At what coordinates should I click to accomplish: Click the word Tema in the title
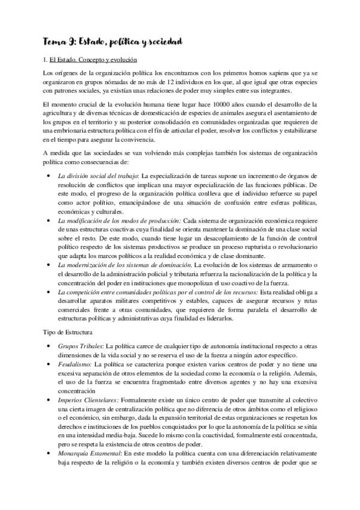pyautogui.click(x=55, y=41)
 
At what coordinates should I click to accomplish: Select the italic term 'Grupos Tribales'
pyautogui.click(x=79, y=347)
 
